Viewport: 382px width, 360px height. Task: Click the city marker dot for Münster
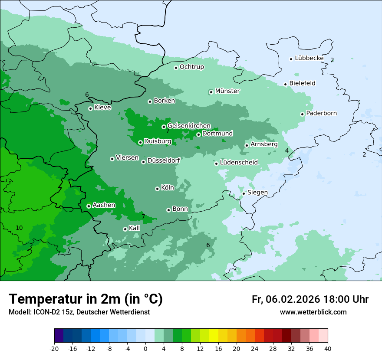tap(211, 92)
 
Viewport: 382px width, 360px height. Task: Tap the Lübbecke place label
tap(309, 58)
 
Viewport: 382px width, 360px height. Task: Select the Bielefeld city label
tap(302, 83)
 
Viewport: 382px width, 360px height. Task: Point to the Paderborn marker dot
tap(302, 114)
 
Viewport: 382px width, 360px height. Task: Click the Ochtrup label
tap(191, 67)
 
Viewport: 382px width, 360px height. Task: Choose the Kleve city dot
tap(90, 108)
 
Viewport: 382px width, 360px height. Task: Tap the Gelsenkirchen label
tap(189, 126)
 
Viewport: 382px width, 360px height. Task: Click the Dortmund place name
tap(217, 134)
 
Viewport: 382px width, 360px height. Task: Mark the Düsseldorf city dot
tap(143, 162)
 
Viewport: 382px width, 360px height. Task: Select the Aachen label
tap(104, 205)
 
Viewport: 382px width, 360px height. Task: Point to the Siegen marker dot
tap(244, 193)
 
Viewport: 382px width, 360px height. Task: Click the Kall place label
tap(135, 228)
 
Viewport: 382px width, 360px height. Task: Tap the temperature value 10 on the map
tap(19, 228)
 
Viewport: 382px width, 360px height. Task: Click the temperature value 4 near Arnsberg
tap(286, 151)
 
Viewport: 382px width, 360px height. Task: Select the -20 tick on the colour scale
tap(54, 348)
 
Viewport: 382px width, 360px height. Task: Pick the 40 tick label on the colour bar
tap(328, 348)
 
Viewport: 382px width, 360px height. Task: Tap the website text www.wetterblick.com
tap(313, 312)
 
